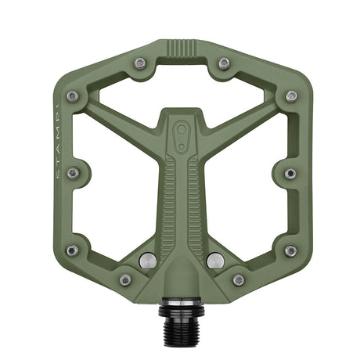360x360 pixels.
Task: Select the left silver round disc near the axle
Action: point(146,259)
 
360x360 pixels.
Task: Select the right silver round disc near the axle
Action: point(216,259)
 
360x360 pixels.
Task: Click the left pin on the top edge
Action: point(139,63)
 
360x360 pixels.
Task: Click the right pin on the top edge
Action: point(224,63)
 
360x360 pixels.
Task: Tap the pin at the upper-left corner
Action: point(72,96)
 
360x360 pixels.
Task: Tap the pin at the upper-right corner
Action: point(291,96)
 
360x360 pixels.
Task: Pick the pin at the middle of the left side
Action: point(72,173)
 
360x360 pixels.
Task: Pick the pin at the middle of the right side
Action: point(290,173)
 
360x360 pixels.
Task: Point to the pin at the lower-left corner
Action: point(72,250)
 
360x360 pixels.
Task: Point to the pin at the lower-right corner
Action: point(290,250)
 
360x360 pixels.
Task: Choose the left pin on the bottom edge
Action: point(124,279)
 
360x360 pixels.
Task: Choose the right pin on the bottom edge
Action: point(238,279)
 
